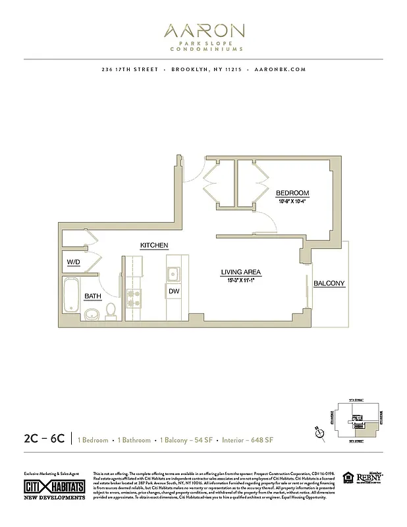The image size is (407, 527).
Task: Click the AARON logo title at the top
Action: point(203,31)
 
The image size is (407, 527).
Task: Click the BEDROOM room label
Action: point(292,193)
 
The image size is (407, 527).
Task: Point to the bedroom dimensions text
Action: point(292,201)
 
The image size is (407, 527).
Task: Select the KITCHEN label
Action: point(154,246)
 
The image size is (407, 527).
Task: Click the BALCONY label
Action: point(329,283)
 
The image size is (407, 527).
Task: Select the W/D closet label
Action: point(74,263)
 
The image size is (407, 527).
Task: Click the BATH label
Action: point(92,296)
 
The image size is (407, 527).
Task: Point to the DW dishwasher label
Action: point(174,291)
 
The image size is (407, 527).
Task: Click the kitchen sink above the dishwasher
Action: point(174,274)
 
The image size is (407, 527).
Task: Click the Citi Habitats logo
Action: point(54,485)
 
